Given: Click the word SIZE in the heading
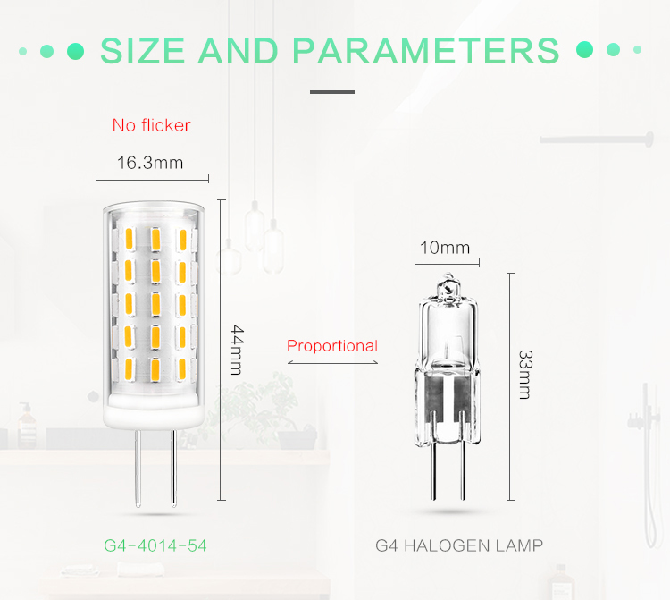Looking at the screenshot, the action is click(x=142, y=51).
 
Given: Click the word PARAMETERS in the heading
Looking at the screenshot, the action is click(x=426, y=51).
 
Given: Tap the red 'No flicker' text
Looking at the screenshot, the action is click(x=151, y=125).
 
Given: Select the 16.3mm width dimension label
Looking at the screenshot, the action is click(x=150, y=163).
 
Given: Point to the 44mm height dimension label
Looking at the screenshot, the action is click(x=237, y=350).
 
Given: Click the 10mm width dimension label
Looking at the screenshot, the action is click(x=445, y=248).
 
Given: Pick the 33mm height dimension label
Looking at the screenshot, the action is click(x=525, y=374).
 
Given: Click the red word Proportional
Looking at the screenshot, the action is click(x=332, y=345).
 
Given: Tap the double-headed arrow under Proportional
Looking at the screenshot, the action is click(x=332, y=363).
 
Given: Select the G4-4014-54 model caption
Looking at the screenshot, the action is click(x=155, y=545).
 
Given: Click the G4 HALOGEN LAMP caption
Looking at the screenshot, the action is click(x=459, y=545).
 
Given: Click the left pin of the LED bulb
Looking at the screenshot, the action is click(x=138, y=468).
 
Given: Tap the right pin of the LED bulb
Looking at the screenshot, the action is click(x=173, y=468).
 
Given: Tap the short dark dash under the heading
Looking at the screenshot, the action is click(x=332, y=92).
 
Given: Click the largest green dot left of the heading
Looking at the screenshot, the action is click(x=76, y=51).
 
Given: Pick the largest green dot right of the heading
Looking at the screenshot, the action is click(x=584, y=49).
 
